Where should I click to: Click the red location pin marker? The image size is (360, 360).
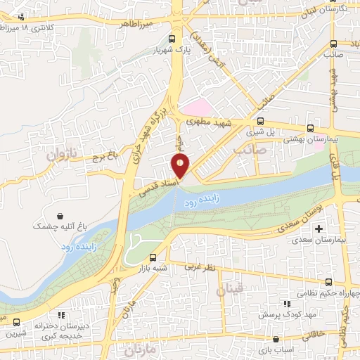pyautogui.click(x=181, y=167)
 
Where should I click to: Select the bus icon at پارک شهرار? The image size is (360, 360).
pyautogui.click(x=173, y=39)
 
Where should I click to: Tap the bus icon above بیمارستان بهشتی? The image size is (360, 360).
pyautogui.click(x=311, y=128)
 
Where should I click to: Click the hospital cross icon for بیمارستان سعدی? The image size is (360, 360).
pyautogui.click(x=319, y=229)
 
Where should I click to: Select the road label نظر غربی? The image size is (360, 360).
pyautogui.click(x=198, y=268)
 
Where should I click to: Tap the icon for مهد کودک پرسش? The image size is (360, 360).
pyautogui.click(x=285, y=304)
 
